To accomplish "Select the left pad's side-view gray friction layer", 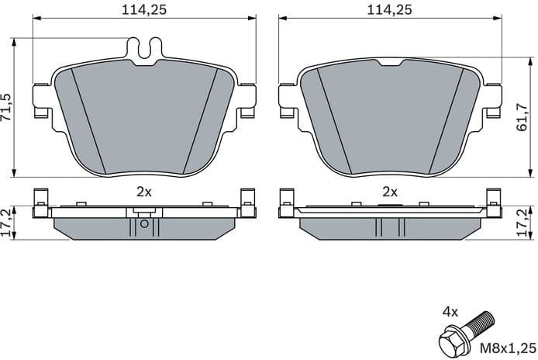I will tap(93, 226).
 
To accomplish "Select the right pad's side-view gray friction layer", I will tap(341, 226).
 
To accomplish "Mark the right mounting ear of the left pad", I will tap(248, 99).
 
